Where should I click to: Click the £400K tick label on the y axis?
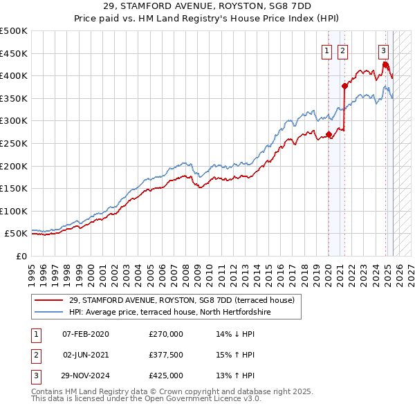14,76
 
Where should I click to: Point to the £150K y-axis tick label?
14,188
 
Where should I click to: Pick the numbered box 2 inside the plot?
343,50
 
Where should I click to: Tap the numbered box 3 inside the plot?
383,50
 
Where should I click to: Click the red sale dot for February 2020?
328,134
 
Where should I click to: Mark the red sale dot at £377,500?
344,86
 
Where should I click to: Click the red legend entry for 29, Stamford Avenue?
182,300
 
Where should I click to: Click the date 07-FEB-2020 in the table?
86,334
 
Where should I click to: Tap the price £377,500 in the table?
165,355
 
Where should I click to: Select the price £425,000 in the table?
165,375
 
